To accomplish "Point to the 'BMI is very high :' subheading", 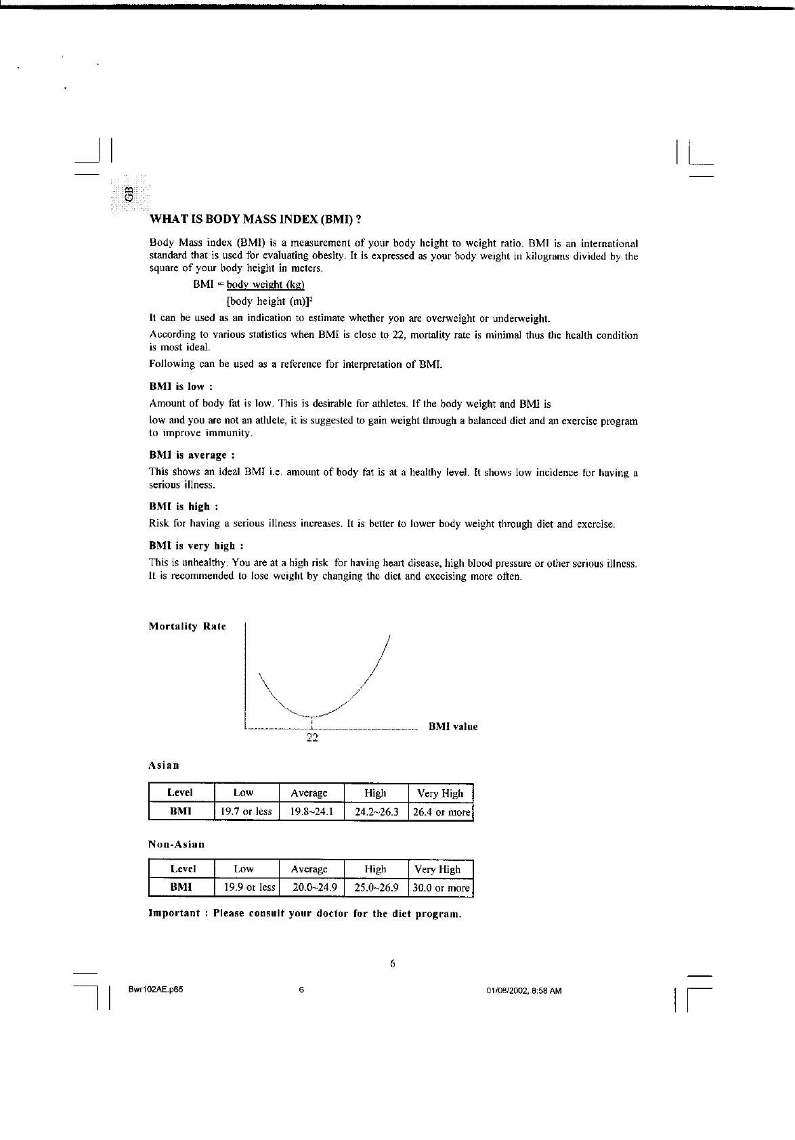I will point(196,546).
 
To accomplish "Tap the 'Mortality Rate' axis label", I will point(187,627).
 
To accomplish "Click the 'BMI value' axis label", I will point(452,727).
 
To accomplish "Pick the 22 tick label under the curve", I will point(312,738).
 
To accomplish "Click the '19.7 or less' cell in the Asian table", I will point(246,811).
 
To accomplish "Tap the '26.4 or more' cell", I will point(441,811).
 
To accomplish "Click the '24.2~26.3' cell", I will point(377,811).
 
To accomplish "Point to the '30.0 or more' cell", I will point(441,887).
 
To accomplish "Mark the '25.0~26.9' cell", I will point(377,887).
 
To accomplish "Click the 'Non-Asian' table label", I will point(176,845).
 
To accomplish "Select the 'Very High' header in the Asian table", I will point(440,793).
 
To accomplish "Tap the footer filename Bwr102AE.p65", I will point(156,990).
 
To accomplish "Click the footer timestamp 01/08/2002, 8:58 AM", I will point(524,991).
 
